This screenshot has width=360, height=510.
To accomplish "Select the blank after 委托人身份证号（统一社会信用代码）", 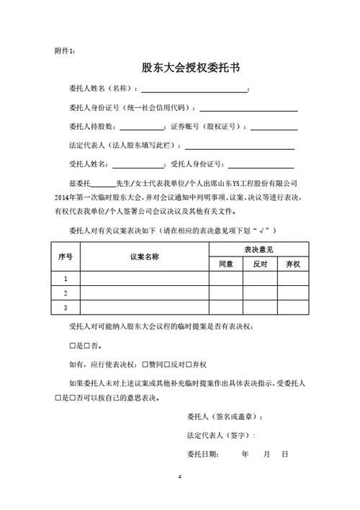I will [248, 109].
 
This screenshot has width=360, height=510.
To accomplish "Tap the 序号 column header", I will [65, 256].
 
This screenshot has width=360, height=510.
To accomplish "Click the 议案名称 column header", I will [144, 256].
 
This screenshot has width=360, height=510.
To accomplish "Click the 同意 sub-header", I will [225, 264].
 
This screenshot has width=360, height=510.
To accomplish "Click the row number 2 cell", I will [66, 293].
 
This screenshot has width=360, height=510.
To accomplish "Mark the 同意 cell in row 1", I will [225, 279].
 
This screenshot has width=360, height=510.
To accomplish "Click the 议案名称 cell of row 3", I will [144, 308].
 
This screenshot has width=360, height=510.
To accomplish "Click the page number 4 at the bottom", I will [180, 478].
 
